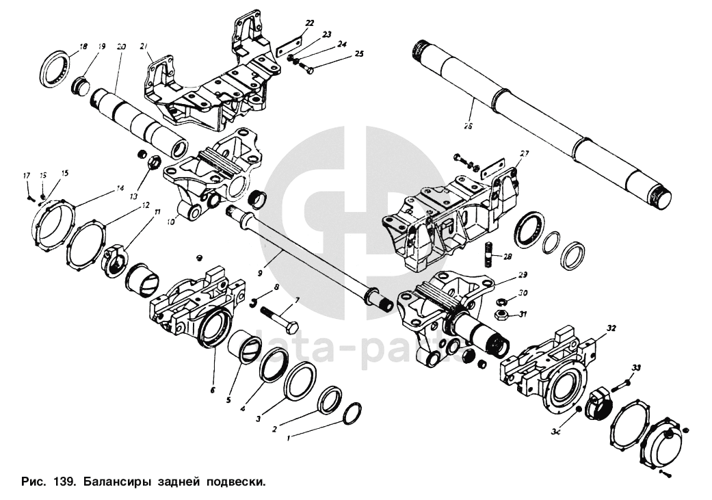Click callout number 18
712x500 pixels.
click(x=83, y=47)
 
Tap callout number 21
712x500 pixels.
click(x=143, y=46)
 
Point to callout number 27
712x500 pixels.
click(x=525, y=154)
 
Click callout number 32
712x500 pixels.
click(x=611, y=328)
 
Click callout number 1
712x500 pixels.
click(x=289, y=440)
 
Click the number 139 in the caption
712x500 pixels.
click(x=64, y=482)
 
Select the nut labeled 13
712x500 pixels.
click(x=153, y=163)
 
